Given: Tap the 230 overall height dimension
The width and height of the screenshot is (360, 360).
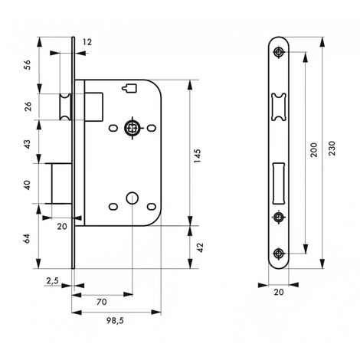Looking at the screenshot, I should pyautogui.click(x=331, y=150).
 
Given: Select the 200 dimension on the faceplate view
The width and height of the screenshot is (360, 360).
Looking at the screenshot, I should pyautogui.click(x=312, y=150).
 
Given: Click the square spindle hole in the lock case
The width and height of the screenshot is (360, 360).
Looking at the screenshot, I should pyautogui.click(x=131, y=127).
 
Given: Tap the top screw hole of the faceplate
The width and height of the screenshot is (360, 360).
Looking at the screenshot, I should pyautogui.click(x=277, y=53).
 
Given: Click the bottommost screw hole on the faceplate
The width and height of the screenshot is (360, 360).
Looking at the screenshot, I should pyautogui.click(x=277, y=254).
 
